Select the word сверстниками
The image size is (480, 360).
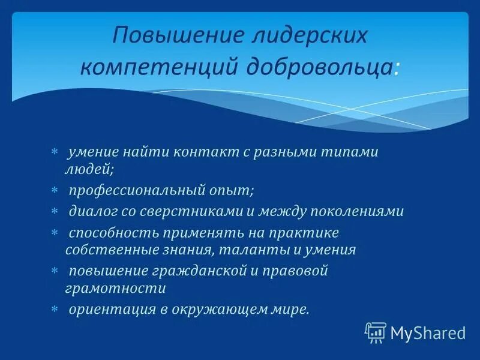tap(194, 212)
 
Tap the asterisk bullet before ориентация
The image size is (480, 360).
tap(54, 309)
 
